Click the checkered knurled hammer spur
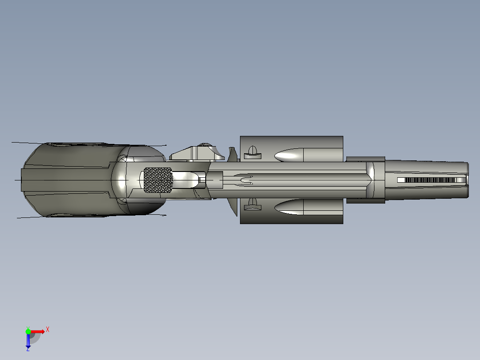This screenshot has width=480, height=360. (158, 180)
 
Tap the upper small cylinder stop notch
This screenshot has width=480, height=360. (252, 152)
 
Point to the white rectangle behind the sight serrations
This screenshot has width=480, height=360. (401, 180)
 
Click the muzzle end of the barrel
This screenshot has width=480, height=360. (467, 180)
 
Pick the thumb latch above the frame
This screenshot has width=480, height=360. (198, 152)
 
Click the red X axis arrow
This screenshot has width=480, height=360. (38, 331)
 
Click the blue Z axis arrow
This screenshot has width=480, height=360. (28, 341)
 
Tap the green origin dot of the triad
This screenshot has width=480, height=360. (28, 331)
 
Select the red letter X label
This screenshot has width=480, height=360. (48, 329)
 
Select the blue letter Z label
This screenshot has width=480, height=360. (28, 350)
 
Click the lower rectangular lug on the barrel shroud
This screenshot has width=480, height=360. (365, 200)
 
